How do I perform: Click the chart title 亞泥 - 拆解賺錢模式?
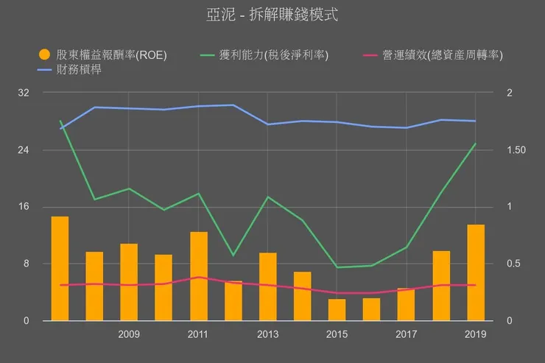[x=272, y=15]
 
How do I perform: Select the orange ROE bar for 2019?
[x=476, y=272]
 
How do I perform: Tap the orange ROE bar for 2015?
[x=337, y=309]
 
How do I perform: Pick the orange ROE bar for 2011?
[x=199, y=276]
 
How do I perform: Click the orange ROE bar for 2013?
[x=268, y=286]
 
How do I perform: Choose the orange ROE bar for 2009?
[x=129, y=282]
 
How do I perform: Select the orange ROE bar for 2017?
[x=407, y=304]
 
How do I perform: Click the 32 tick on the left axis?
[x=24, y=93]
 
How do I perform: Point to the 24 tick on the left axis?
[x=24, y=150]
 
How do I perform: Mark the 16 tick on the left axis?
[x=24, y=207]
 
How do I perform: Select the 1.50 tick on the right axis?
[x=518, y=150]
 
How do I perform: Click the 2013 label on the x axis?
[x=268, y=335]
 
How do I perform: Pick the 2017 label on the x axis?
[x=407, y=335]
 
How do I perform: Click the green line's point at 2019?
[x=476, y=144]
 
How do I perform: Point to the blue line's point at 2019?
[x=476, y=121]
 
